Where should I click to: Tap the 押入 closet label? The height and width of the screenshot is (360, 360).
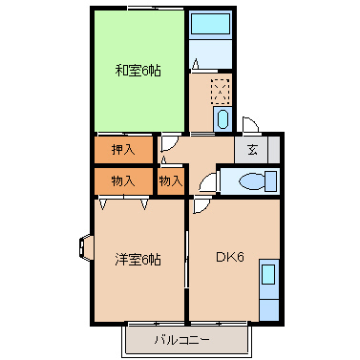tap(123, 149)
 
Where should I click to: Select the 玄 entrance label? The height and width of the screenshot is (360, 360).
tap(251, 149)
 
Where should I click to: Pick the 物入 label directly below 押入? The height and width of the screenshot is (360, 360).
tap(123, 180)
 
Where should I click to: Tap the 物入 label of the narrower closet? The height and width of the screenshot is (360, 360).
tap(171, 180)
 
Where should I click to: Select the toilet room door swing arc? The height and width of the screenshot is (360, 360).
tap(207, 183)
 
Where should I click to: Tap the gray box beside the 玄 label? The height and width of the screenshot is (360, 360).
tap(271, 150)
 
